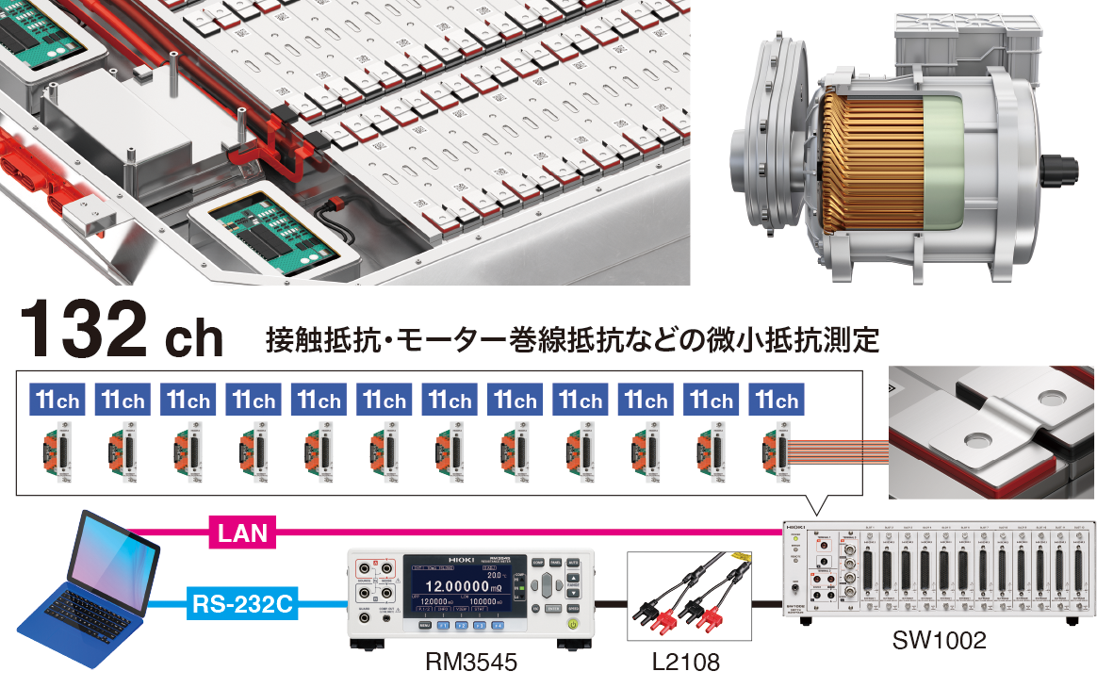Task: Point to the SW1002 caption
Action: coord(939,642)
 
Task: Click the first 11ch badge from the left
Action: coord(57,401)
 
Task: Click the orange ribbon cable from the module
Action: coord(839,451)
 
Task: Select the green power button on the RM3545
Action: coord(571,623)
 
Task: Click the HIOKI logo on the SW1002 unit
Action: coord(795,531)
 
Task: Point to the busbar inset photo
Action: coord(992,434)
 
